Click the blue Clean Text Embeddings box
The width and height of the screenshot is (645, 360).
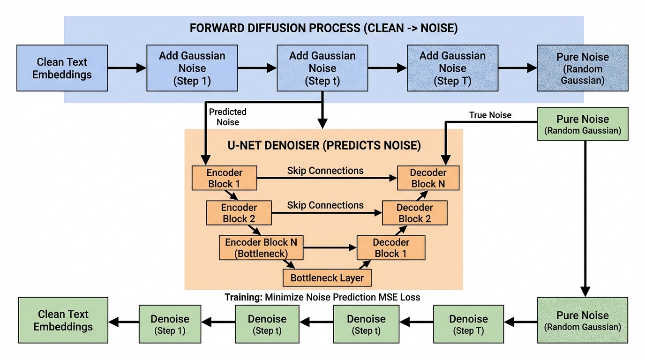(62, 68)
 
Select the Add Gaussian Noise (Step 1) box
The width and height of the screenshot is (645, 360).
(192, 68)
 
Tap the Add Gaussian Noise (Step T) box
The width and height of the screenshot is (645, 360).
(452, 68)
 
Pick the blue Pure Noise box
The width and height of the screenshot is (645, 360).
(582, 68)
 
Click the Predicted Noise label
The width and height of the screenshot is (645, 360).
(227, 117)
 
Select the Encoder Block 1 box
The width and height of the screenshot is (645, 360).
(224, 178)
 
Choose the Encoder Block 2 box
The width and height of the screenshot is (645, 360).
(239, 213)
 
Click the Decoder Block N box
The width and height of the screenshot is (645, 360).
(428, 178)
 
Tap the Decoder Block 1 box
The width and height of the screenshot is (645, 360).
(391, 248)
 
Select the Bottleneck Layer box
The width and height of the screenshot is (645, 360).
(327, 277)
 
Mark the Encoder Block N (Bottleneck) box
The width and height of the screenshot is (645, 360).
(261, 248)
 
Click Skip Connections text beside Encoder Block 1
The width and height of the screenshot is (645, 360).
(325, 171)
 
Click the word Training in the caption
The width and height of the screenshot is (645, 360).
(243, 297)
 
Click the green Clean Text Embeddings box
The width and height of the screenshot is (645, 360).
(63, 320)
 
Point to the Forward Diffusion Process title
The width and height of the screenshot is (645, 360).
(323, 28)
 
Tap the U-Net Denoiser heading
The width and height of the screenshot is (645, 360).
(324, 145)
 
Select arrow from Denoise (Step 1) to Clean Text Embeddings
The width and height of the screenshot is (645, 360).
(124, 322)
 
